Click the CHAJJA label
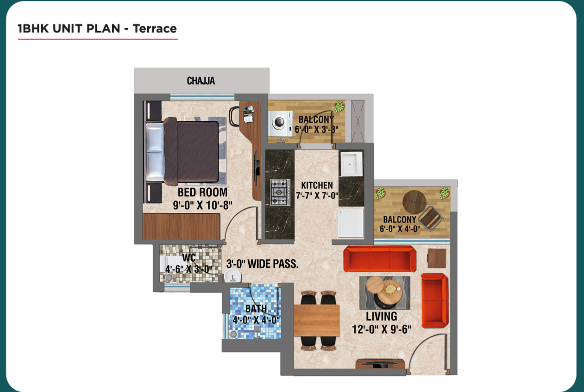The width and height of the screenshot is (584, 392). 201,81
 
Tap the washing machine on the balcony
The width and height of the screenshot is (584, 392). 281,124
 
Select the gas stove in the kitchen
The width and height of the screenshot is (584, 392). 280,192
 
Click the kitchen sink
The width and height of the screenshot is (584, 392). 352,164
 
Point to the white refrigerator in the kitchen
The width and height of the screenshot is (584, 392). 351,223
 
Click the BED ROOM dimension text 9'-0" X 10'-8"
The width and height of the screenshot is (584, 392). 202,205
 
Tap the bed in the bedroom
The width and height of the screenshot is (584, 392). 182,151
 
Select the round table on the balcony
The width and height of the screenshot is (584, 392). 414,202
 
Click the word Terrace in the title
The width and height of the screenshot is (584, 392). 155,29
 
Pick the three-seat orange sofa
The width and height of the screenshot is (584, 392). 380,259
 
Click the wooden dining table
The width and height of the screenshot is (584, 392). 316,320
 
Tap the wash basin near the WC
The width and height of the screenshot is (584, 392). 232,275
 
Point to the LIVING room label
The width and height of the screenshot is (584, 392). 382,317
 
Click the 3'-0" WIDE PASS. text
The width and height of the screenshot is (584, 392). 262,264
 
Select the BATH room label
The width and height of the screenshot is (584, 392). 256,309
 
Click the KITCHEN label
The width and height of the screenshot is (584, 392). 317,186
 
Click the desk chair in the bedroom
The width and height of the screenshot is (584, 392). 234,117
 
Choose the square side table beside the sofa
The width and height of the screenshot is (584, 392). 437,258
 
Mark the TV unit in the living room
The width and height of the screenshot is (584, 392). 380,364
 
